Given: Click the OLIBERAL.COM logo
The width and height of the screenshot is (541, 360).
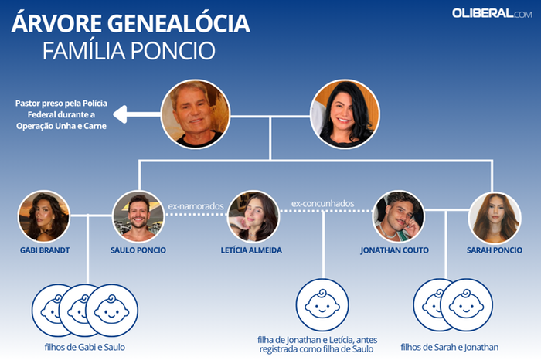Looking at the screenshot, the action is pyautogui.click(x=492, y=13).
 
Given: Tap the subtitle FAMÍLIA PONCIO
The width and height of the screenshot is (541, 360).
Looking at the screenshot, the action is pyautogui.click(x=129, y=51).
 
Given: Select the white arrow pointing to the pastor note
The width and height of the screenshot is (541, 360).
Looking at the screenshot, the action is pyautogui.click(x=138, y=114).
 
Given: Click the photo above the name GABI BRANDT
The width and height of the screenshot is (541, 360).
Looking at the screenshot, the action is pyautogui.click(x=44, y=216).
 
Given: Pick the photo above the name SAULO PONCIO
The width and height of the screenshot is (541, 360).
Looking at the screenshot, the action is pyautogui.click(x=138, y=216).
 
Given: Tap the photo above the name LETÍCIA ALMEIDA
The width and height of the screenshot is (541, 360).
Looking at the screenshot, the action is pyautogui.click(x=253, y=216).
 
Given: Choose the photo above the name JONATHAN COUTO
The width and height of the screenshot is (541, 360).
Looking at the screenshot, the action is pyautogui.click(x=399, y=216).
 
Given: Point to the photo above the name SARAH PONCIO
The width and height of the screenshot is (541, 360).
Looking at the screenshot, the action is pyautogui.click(x=495, y=218).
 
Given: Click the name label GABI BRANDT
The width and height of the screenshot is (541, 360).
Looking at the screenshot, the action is pyautogui.click(x=45, y=250).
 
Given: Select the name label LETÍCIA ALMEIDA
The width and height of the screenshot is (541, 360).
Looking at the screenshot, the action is pyautogui.click(x=251, y=250).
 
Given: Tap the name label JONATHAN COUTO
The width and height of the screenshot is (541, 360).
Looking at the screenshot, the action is pyautogui.click(x=395, y=250).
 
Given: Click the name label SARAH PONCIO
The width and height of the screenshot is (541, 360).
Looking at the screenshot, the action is pyautogui.click(x=495, y=250).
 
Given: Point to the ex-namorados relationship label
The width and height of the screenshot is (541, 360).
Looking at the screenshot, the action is pyautogui.click(x=196, y=206).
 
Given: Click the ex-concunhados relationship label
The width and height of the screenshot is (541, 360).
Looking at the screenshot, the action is pyautogui.click(x=322, y=204).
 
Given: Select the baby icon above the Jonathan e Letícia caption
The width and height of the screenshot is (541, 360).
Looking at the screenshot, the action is pyautogui.click(x=322, y=305).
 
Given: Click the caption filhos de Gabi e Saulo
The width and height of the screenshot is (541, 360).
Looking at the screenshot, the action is pyautogui.click(x=85, y=347).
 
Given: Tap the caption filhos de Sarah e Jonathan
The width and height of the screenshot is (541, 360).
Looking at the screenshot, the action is pyautogui.click(x=450, y=347).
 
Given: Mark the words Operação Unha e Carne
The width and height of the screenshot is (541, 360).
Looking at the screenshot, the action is pyautogui.click(x=61, y=126).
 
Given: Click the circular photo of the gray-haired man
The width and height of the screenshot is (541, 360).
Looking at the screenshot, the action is pyautogui.click(x=196, y=114).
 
